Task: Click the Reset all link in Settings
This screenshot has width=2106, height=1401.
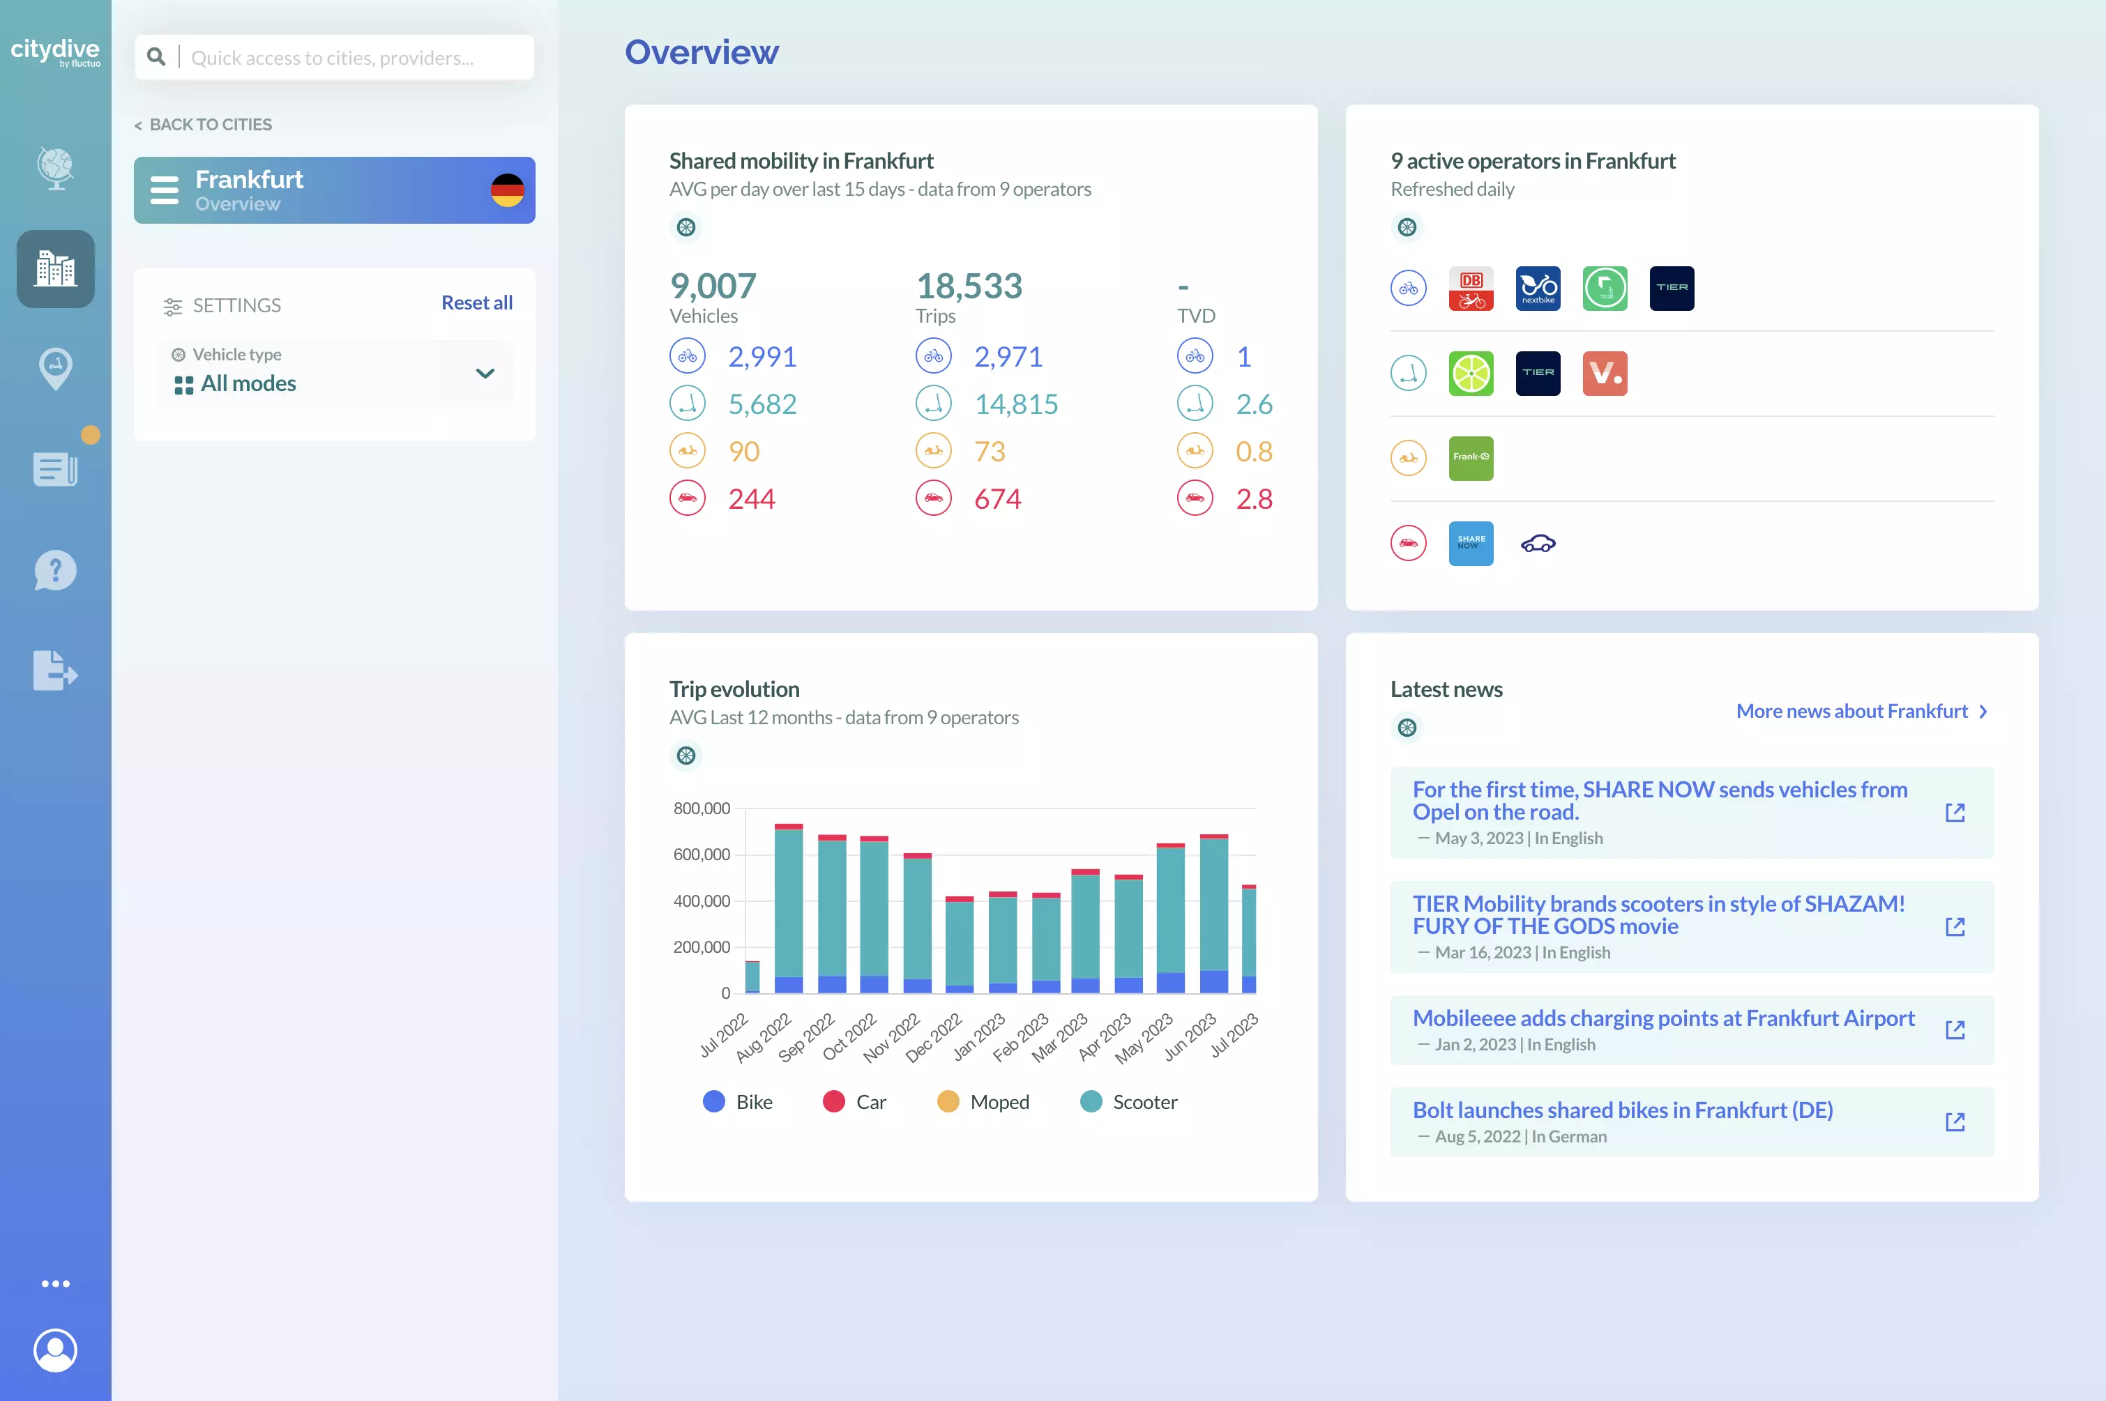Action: (476, 303)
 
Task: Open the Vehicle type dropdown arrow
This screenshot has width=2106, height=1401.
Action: (485, 374)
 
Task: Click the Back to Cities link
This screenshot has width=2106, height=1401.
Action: (203, 124)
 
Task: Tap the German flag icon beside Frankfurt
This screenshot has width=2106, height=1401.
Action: (507, 190)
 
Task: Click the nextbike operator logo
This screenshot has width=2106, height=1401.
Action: (1538, 289)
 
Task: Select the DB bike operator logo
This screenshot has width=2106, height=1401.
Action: (1471, 289)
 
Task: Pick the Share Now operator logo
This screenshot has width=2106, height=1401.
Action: (1471, 543)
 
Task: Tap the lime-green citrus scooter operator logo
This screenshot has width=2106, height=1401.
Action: (1471, 374)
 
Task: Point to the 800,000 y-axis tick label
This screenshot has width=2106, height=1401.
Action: (702, 809)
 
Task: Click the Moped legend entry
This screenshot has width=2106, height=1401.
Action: (983, 1102)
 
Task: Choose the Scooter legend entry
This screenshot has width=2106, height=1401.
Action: (1128, 1102)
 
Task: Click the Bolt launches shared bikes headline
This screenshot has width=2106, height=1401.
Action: (1621, 1110)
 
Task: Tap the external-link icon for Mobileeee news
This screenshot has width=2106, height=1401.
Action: (1955, 1030)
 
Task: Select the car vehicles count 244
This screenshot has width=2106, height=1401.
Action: (751, 498)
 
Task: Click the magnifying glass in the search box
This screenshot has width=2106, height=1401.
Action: (156, 57)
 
